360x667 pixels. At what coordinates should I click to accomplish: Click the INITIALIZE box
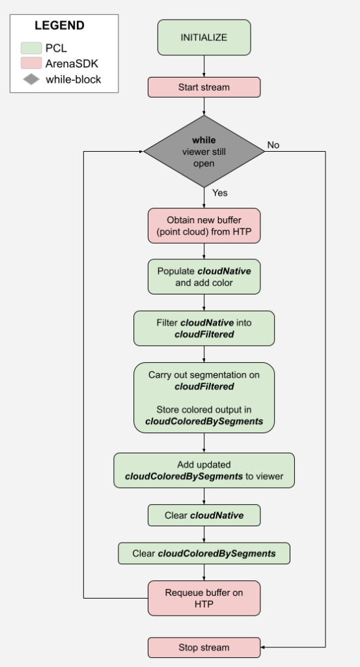pos(204,38)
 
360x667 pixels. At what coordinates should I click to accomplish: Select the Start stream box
pos(204,87)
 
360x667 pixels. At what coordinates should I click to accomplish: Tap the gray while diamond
pos(204,150)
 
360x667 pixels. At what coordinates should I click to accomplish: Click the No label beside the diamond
pos(273,145)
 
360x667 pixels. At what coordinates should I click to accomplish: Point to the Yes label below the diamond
pos(220,193)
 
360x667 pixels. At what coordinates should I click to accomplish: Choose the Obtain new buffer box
pos(204,225)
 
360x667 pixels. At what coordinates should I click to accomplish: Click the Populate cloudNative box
pos(204,277)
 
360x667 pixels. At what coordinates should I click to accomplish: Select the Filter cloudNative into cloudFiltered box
pos(204,328)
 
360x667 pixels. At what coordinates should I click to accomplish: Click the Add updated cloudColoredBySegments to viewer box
pos(204,470)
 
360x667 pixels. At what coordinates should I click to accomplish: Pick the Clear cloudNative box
pos(204,515)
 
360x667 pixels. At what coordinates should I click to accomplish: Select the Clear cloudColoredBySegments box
pos(204,553)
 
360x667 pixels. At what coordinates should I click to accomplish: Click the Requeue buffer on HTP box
pos(204,598)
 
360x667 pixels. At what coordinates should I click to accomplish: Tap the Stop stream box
pos(204,647)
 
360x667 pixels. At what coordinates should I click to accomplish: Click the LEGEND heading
pos(59,26)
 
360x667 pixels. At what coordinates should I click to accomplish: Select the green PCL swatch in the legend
pos(31,48)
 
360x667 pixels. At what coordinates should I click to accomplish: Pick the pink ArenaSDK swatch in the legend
pos(31,64)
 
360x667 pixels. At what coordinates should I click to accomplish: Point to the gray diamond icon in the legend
pos(31,79)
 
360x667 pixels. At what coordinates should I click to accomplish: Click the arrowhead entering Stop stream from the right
pos(263,647)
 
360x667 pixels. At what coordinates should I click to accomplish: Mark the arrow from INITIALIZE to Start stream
pos(204,66)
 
